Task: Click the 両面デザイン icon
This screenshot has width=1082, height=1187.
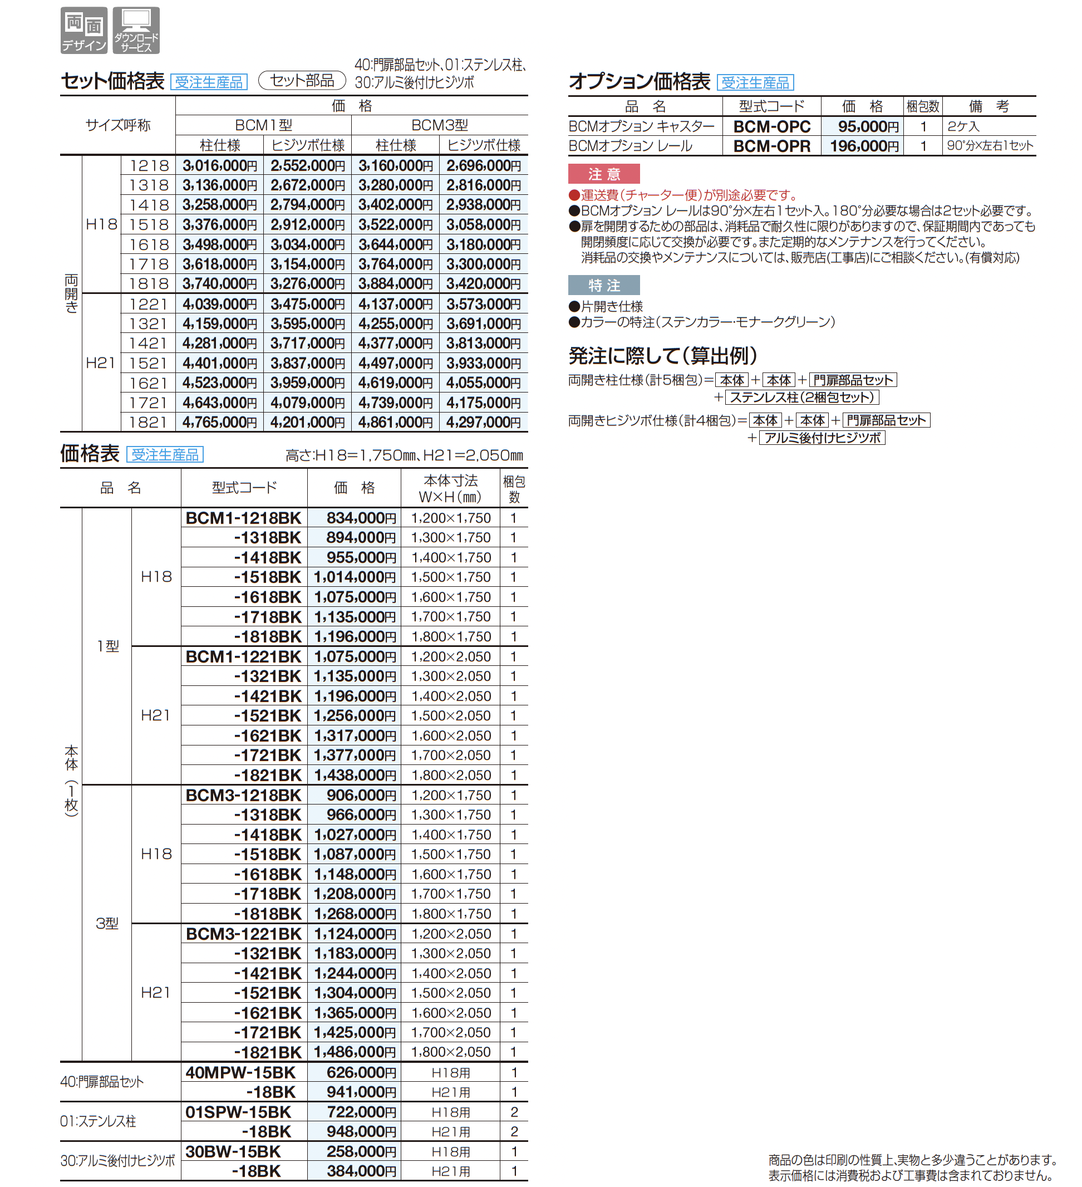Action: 83,30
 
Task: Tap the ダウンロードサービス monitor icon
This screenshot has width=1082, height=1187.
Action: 136,30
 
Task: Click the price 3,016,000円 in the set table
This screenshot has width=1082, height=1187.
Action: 220,165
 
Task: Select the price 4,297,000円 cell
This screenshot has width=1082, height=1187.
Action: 483,422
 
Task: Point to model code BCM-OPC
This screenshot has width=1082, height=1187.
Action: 772,126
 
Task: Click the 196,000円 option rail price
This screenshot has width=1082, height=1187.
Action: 864,146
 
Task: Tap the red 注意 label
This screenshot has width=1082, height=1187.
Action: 603,174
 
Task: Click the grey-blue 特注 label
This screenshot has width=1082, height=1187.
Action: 603,286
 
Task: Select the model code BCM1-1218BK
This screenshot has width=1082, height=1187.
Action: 243,518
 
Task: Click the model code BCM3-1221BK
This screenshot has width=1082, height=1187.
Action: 243,934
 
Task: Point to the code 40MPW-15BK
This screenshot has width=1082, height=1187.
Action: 240,1072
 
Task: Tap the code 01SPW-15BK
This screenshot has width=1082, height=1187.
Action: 238,1112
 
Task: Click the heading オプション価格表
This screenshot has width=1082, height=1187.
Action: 640,81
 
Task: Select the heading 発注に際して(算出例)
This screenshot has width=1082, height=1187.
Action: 662,356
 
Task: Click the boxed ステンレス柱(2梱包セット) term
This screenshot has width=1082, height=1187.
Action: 802,398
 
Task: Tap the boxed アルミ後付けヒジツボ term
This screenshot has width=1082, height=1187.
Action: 822,438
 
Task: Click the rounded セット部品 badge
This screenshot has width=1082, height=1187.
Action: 302,80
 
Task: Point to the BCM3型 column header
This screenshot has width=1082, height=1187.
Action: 439,125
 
